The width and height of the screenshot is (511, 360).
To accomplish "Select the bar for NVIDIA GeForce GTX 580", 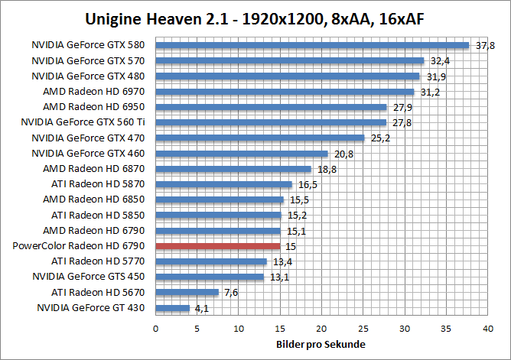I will click(312, 45).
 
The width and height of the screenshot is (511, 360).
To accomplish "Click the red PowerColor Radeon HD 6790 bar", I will click(218, 246).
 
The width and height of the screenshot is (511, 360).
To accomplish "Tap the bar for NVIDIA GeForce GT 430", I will click(173, 308).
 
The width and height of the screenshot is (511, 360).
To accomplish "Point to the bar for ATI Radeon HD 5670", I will click(187, 292).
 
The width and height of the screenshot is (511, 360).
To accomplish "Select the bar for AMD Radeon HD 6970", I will click(285, 92).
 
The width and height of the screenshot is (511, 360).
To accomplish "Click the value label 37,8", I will click(486, 46).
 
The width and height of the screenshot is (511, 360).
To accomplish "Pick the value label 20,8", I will click(343, 154).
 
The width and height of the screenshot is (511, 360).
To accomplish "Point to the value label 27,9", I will click(402, 107).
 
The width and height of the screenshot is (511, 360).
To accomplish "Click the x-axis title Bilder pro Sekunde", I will click(321, 345).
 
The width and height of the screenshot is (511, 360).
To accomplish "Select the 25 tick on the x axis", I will click(364, 328).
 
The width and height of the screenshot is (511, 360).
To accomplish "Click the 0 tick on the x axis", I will click(156, 328).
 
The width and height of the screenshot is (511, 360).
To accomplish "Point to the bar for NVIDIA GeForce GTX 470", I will click(260, 138).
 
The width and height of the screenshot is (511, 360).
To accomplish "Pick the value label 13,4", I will click(281, 261).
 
